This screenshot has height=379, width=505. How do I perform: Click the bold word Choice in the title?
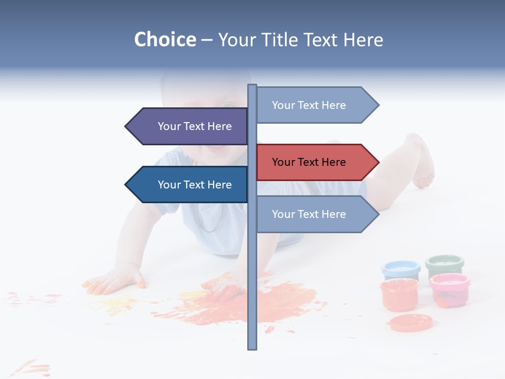(165, 39)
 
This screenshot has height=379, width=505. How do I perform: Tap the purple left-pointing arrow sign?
(189, 126)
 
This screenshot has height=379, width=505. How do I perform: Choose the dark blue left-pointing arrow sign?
(189, 185)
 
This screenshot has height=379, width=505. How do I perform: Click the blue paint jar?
(400, 270)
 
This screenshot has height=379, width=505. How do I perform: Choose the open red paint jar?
(399, 294)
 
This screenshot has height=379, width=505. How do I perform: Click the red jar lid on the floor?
(410, 322)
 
